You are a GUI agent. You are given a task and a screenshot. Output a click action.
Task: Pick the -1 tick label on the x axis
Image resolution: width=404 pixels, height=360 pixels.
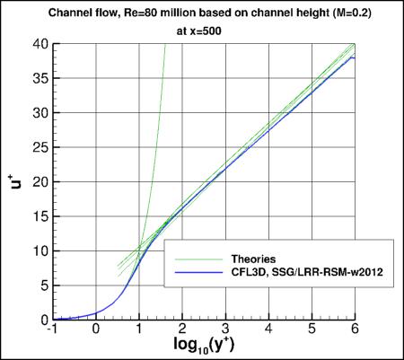point(52,329)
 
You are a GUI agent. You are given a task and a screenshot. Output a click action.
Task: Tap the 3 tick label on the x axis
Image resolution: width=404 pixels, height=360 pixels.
point(224,329)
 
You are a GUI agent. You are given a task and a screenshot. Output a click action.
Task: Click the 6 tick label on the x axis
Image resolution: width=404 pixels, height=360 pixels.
point(353,329)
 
